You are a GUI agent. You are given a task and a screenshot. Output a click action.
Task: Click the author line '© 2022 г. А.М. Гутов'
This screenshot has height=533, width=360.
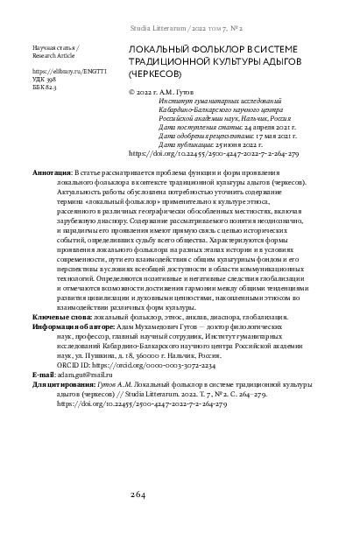click(x=172, y=90)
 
